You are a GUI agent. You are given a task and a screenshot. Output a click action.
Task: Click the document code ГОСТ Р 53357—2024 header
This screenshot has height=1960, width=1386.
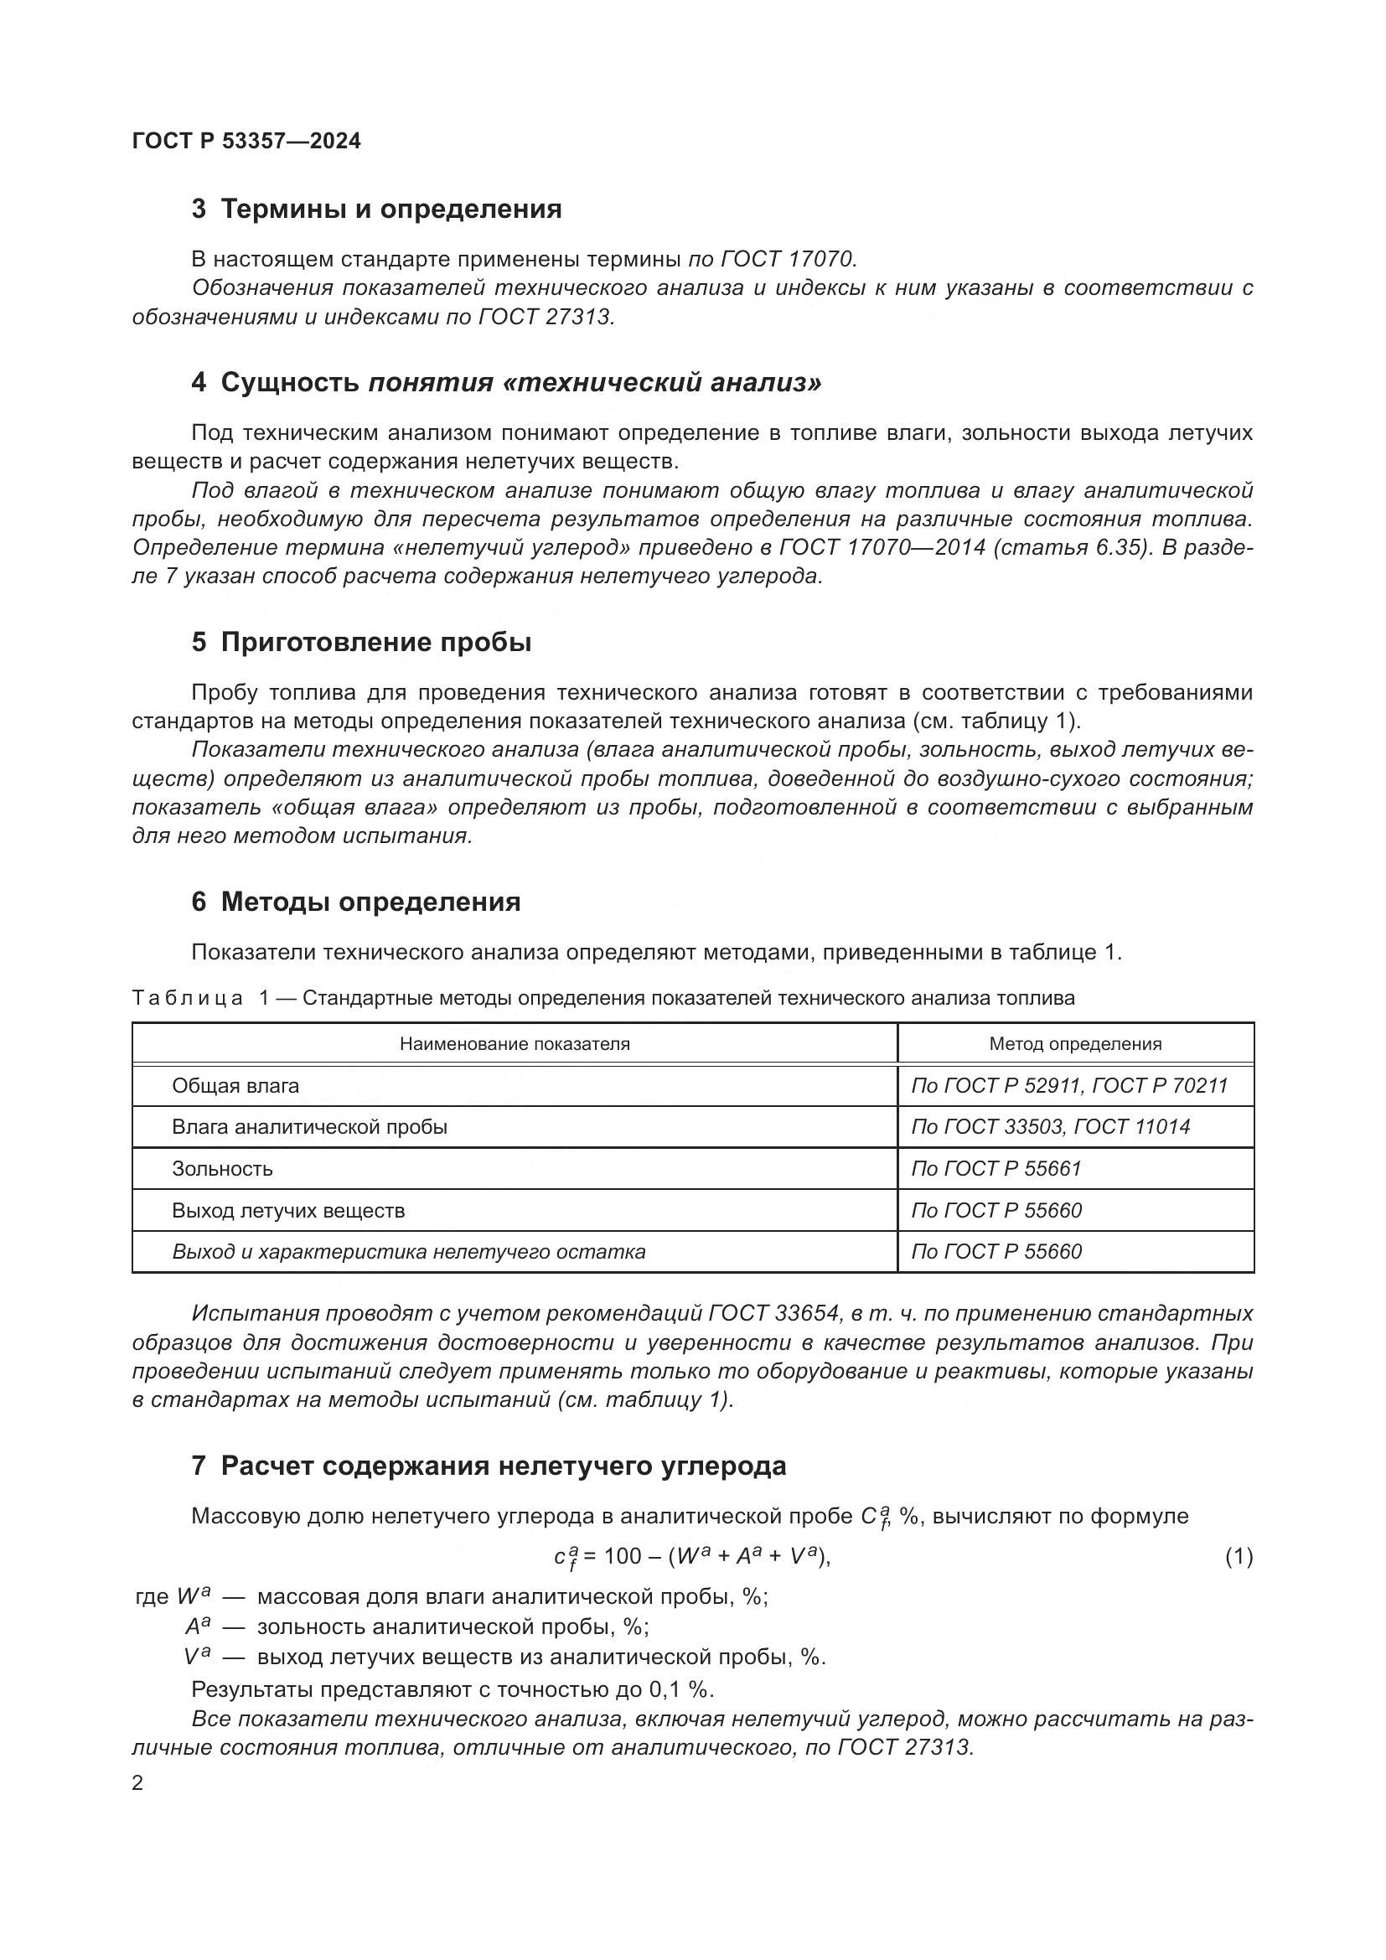pyautogui.click(x=246, y=141)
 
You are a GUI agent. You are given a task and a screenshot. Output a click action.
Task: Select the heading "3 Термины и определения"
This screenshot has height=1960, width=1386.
pyautogui.click(x=376, y=209)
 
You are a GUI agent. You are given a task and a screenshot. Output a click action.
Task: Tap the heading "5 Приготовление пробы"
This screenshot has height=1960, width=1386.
pyautogui.click(x=361, y=642)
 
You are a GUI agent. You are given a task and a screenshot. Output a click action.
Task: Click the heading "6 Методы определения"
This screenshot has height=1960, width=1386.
pyautogui.click(x=356, y=902)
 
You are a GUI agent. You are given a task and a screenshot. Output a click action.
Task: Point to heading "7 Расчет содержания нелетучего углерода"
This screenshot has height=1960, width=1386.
pyautogui.click(x=489, y=1466)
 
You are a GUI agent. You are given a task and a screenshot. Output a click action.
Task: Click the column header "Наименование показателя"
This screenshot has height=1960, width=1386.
pyautogui.click(x=515, y=1043)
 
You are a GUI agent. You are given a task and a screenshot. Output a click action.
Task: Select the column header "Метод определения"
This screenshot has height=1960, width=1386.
pyautogui.click(x=1075, y=1043)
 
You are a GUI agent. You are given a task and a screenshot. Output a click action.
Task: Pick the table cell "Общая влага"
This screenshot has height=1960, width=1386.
pyautogui.click(x=235, y=1086)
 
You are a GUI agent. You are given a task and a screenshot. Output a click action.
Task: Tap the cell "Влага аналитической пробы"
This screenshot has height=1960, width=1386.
pyautogui.click(x=310, y=1127)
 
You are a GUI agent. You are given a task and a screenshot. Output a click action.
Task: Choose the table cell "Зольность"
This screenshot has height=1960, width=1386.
pyautogui.click(x=223, y=1169)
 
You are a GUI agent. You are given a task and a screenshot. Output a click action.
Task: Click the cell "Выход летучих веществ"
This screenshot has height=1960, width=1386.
pyautogui.click(x=288, y=1211)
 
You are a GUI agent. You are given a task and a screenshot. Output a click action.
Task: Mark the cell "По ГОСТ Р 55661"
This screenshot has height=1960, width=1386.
pyautogui.click(x=996, y=1169)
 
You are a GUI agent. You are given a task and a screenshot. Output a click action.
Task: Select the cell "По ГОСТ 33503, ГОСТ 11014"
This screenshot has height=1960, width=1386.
pyautogui.click(x=1051, y=1127)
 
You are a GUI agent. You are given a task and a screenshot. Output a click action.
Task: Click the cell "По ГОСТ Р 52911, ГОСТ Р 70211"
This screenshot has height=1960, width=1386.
pyautogui.click(x=1069, y=1086)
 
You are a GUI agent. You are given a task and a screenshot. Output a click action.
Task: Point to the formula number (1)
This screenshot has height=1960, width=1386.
pyautogui.click(x=1239, y=1557)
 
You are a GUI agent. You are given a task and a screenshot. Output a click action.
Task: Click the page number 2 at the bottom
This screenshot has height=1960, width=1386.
pyautogui.click(x=138, y=1783)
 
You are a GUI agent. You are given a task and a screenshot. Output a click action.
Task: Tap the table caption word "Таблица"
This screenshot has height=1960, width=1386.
pyautogui.click(x=188, y=998)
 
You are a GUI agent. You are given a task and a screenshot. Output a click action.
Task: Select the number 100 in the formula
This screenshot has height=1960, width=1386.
pyautogui.click(x=622, y=1556)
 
